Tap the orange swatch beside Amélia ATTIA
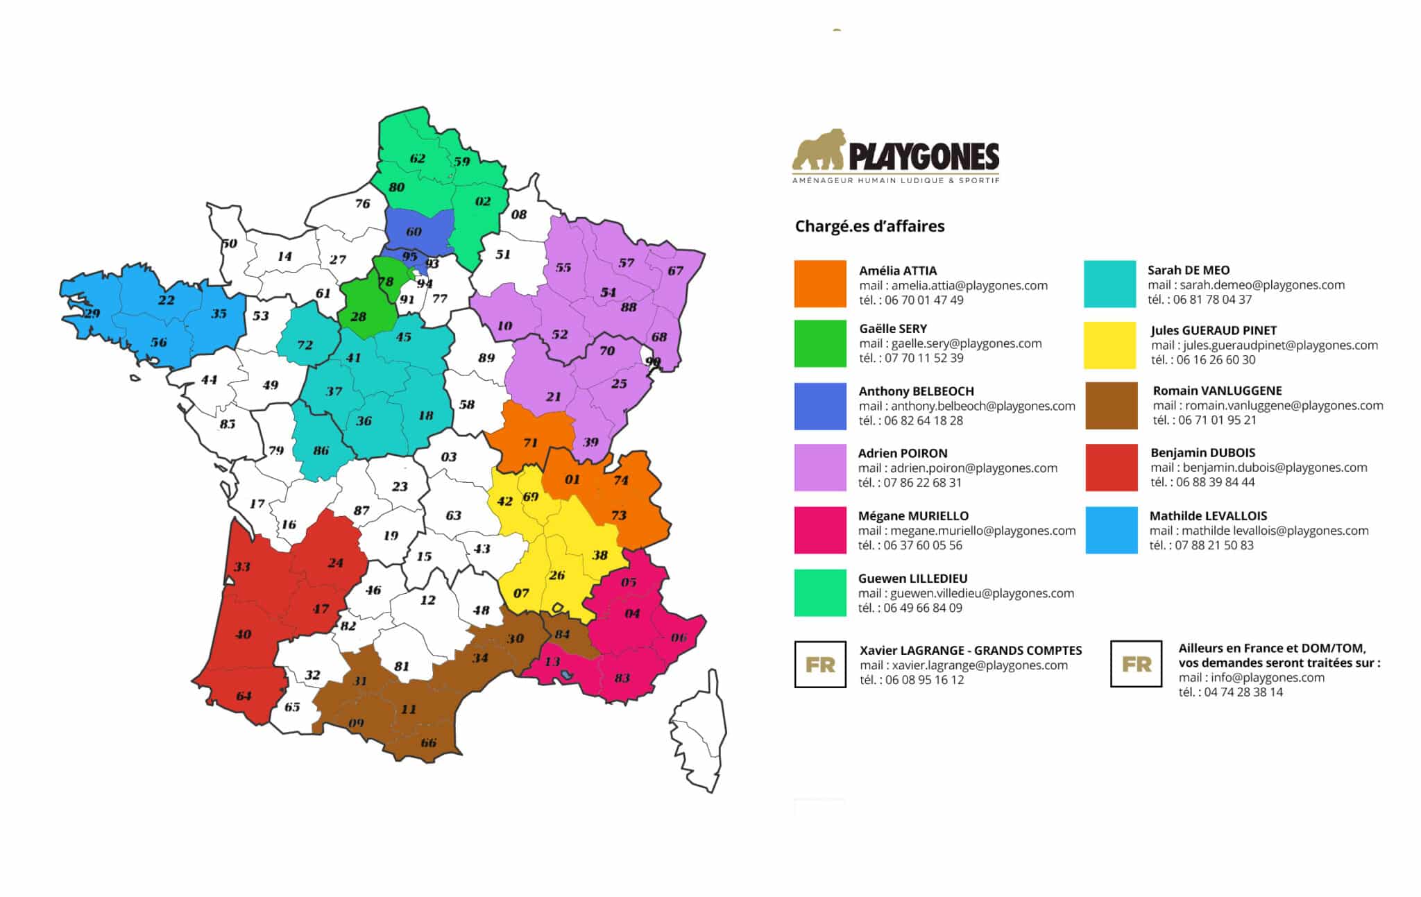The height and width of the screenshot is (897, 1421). point(820,284)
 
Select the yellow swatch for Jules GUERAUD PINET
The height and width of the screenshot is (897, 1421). point(1110,345)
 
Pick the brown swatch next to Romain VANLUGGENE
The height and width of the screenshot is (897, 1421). point(1112,406)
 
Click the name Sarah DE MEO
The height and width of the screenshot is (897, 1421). point(1188,270)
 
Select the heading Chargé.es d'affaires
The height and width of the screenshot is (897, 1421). point(869,226)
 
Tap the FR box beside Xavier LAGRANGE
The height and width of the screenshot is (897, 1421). point(820,665)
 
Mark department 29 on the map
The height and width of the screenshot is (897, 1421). point(92,314)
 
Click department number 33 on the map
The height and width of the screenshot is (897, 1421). point(241,567)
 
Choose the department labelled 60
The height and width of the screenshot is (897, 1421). point(414,232)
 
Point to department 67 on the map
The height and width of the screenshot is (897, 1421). point(675,271)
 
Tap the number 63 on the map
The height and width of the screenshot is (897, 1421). point(453,515)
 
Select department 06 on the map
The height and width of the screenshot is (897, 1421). point(679,638)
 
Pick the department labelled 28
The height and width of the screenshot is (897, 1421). point(358,316)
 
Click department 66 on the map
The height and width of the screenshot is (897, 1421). point(428,743)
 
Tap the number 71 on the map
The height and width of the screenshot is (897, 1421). point(530,443)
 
